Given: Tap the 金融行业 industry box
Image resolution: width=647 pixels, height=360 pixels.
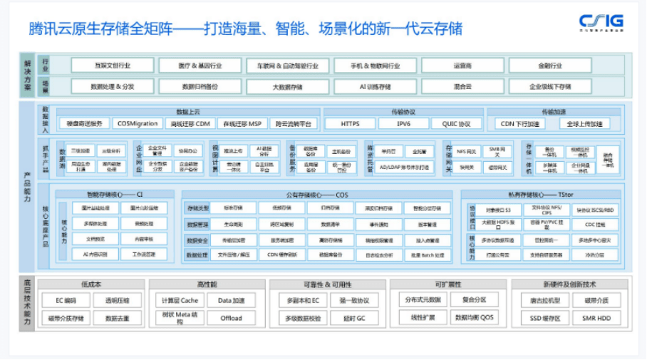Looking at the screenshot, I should point(550,66).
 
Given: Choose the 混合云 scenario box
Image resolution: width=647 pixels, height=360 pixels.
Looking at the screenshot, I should point(462,86).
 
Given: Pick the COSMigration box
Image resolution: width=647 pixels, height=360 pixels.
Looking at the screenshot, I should point(138,123).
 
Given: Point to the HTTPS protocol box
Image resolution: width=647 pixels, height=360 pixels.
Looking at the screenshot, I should point(350,123).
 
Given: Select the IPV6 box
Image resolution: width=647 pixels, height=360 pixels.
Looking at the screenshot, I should point(403,123).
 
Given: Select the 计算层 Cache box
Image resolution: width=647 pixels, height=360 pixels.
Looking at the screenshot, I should point(178,301).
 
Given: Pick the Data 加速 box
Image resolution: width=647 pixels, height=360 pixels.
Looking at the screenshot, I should point(231,301).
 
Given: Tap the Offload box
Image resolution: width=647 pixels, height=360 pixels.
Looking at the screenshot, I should point(231,318).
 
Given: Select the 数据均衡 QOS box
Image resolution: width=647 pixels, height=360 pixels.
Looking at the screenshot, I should point(474,318).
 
